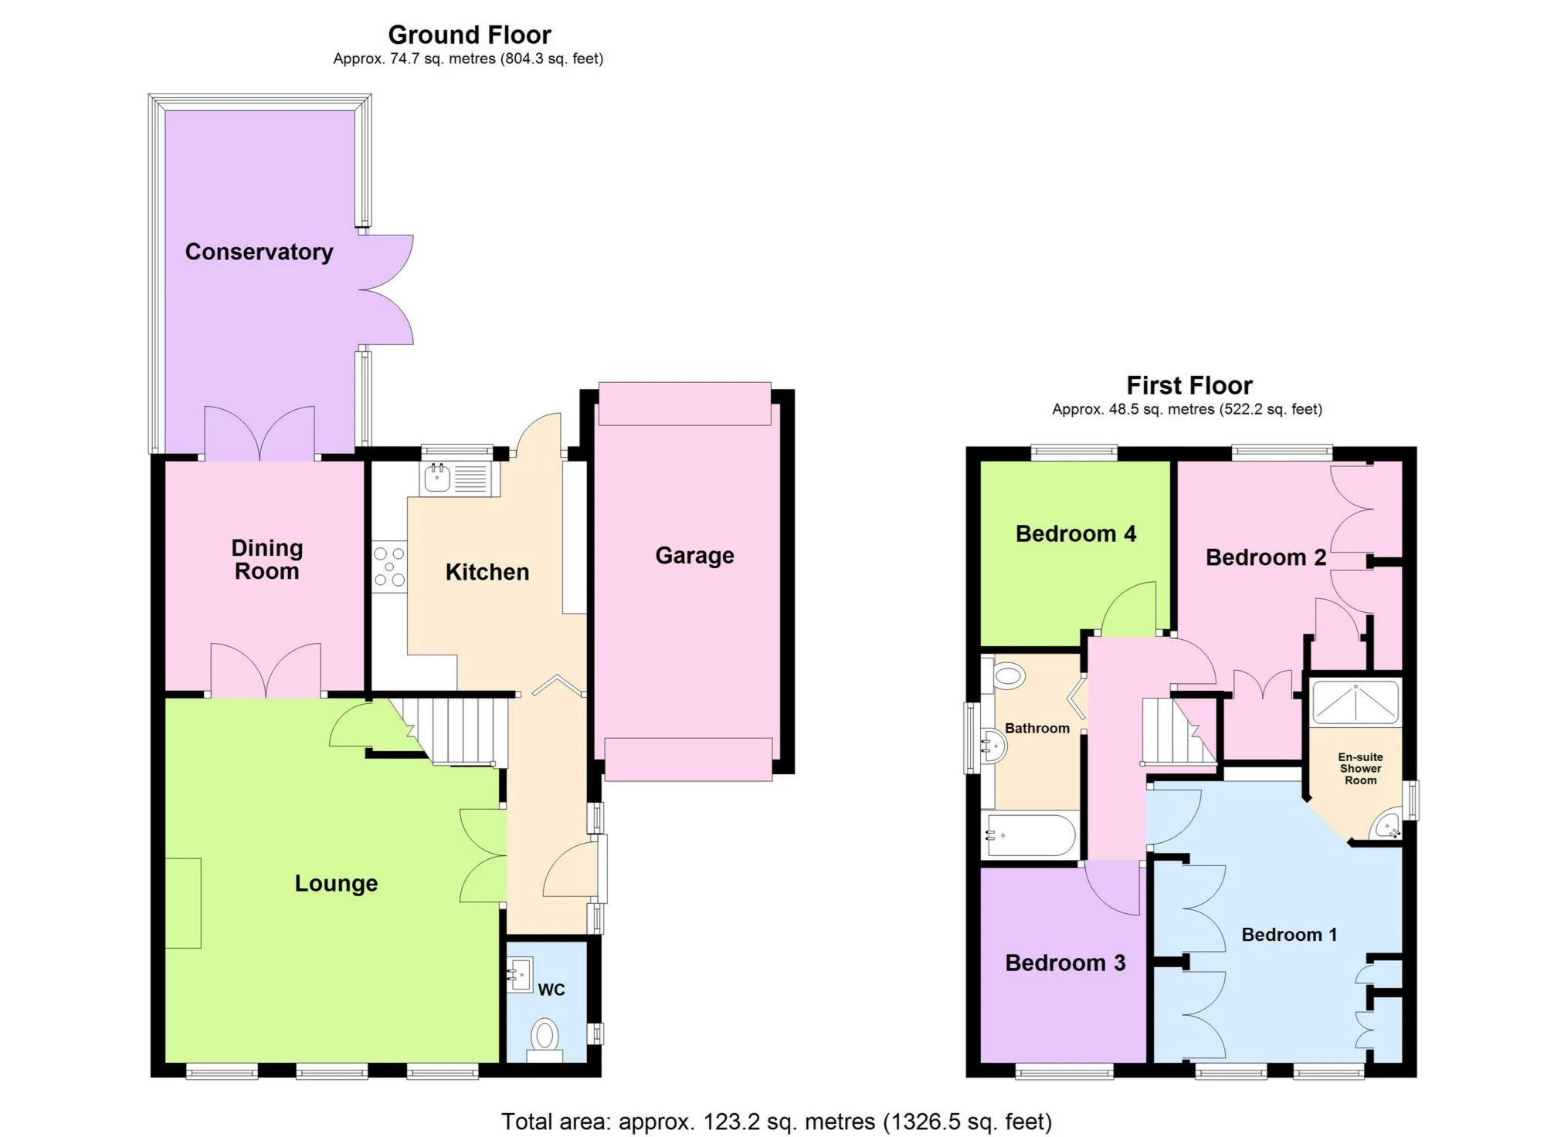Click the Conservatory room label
[259, 252]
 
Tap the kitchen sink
[456, 478]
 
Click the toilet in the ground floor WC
[545, 1040]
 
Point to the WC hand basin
[520, 976]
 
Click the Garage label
[694, 556]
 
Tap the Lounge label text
[336, 883]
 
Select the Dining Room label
[266, 560]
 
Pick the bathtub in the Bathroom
[1030, 835]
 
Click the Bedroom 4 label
[1076, 533]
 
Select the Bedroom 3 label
[1065, 963]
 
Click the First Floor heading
[1189, 385]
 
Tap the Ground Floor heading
[470, 35]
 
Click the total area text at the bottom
[777, 1121]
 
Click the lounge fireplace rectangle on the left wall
[184, 903]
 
